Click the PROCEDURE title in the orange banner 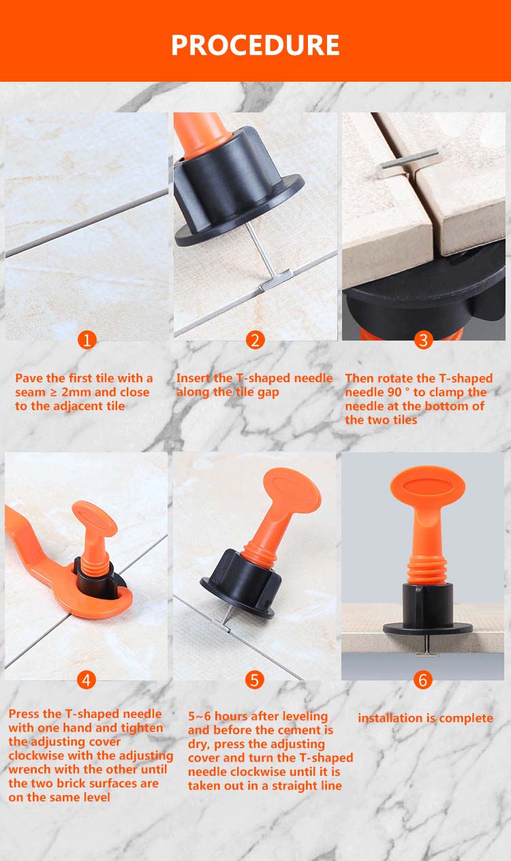pyautogui.click(x=255, y=45)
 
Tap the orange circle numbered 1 pyautogui.click(x=87, y=340)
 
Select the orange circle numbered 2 pyautogui.click(x=255, y=340)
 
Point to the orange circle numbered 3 pyautogui.click(x=423, y=340)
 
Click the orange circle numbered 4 pyautogui.click(x=86, y=680)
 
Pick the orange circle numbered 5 pyautogui.click(x=255, y=680)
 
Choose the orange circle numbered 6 pyautogui.click(x=423, y=680)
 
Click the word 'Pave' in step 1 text pyautogui.click(x=29, y=378)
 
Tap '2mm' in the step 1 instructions pyautogui.click(x=76, y=392)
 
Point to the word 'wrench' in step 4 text pyautogui.click(x=29, y=769)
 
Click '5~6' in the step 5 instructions pyautogui.click(x=199, y=716)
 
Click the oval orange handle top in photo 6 pyautogui.click(x=428, y=485)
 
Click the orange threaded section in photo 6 pyautogui.click(x=427, y=569)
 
